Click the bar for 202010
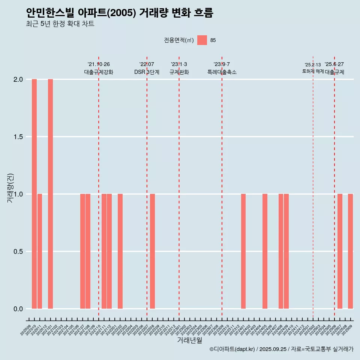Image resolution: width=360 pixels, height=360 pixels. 34,194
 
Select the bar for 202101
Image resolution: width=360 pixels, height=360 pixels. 50,194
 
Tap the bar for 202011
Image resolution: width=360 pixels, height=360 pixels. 40,251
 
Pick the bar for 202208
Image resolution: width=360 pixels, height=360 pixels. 152,251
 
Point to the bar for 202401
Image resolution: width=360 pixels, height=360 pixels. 243,251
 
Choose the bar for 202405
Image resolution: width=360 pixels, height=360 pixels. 265,251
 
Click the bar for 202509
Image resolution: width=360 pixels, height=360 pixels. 350,251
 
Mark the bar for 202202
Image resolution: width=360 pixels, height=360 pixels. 120,251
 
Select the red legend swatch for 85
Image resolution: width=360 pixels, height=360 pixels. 202,40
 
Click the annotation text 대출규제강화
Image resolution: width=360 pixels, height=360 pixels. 99,72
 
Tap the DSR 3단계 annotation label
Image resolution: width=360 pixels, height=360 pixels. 147,72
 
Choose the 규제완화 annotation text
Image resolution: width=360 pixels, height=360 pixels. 179,72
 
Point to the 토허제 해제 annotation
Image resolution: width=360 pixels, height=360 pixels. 313,71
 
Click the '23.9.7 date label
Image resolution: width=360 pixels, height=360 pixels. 222,64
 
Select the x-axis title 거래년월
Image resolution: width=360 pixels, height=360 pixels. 189,340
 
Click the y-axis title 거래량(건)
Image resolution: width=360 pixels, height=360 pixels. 10,188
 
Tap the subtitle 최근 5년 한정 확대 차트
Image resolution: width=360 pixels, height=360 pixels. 60,24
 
